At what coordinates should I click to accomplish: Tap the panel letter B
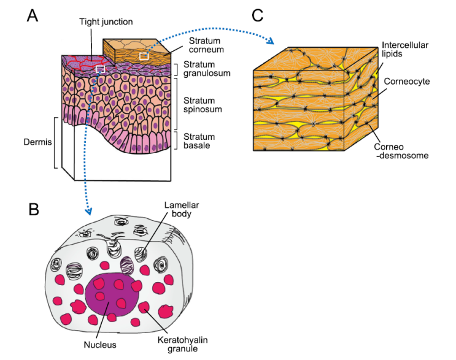click(x=34, y=209)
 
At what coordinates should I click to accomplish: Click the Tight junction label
click(x=106, y=23)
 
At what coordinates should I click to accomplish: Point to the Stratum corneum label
click(x=206, y=45)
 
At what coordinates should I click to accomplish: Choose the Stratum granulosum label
click(x=206, y=69)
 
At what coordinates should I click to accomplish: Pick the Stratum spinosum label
click(x=206, y=104)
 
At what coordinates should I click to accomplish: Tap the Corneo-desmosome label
click(x=408, y=151)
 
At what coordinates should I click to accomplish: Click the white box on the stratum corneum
click(x=144, y=56)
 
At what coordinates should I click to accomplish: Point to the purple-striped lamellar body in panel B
click(x=128, y=266)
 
